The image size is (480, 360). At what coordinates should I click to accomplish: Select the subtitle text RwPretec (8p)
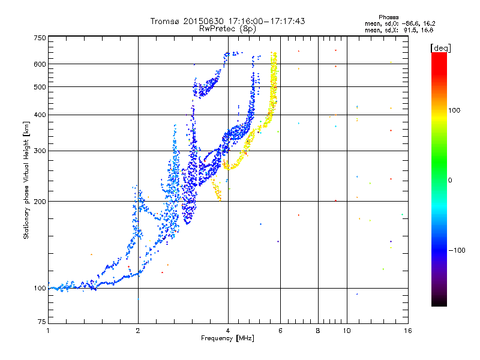[227, 29]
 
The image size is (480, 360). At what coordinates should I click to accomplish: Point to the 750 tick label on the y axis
[40, 38]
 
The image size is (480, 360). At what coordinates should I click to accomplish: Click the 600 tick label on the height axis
[40, 64]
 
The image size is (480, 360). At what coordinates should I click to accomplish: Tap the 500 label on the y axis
[40, 87]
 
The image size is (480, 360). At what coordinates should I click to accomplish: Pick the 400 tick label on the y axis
[40, 115]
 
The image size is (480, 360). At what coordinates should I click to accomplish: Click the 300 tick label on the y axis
[40, 151]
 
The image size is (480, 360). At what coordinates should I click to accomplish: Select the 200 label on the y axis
[40, 202]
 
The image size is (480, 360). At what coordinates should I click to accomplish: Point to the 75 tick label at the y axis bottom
[42, 322]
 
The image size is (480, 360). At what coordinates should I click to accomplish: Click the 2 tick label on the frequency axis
[138, 331]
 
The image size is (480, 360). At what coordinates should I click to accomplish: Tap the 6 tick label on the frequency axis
[280, 331]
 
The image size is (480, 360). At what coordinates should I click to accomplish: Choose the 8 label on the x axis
[318, 331]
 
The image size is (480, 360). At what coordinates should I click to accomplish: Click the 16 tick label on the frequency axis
[408, 331]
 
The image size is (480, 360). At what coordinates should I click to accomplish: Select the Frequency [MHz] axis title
[227, 338]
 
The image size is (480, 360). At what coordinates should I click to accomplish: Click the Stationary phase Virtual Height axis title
[26, 181]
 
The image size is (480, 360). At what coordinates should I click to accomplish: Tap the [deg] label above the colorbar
[440, 48]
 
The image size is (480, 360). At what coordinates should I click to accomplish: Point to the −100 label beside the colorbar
[457, 250]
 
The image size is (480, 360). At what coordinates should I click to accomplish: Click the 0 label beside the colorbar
[450, 181]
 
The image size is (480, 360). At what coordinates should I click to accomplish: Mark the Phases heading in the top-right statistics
[388, 17]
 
